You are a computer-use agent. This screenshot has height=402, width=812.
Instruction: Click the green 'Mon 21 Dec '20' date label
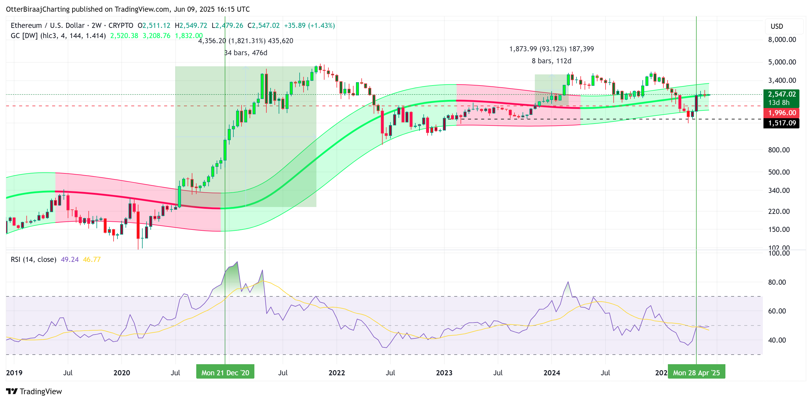click(x=225, y=373)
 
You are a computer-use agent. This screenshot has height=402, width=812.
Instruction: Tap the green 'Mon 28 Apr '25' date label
click(x=696, y=373)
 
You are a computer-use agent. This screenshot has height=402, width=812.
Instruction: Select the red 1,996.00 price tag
click(x=781, y=112)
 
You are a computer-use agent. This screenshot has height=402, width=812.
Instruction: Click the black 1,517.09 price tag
click(x=781, y=123)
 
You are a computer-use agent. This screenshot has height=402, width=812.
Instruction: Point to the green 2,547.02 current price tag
click(x=781, y=94)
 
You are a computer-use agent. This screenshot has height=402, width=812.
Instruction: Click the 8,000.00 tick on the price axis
click(x=782, y=40)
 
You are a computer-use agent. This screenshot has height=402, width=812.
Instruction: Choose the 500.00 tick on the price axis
click(x=778, y=172)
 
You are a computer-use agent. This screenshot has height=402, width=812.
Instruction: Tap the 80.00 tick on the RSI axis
click(x=777, y=282)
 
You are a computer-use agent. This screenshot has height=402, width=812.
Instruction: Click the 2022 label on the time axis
click(x=337, y=373)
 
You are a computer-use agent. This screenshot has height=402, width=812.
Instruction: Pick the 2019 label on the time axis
click(x=14, y=373)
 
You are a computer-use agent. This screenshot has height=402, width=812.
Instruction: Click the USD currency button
click(x=777, y=26)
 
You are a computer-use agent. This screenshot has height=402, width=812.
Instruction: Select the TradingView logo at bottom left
click(x=34, y=391)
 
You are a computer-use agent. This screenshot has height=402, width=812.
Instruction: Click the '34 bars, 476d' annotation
click(x=246, y=53)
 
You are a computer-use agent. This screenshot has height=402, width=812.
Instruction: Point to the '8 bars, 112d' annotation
click(x=551, y=61)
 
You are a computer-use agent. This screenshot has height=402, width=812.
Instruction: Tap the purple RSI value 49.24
click(x=70, y=260)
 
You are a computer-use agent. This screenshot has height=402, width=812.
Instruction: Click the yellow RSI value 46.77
click(x=92, y=260)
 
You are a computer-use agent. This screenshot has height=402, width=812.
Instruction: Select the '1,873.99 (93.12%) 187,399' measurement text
click(x=551, y=49)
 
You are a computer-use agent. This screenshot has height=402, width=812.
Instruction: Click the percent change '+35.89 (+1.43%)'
click(x=309, y=25)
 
